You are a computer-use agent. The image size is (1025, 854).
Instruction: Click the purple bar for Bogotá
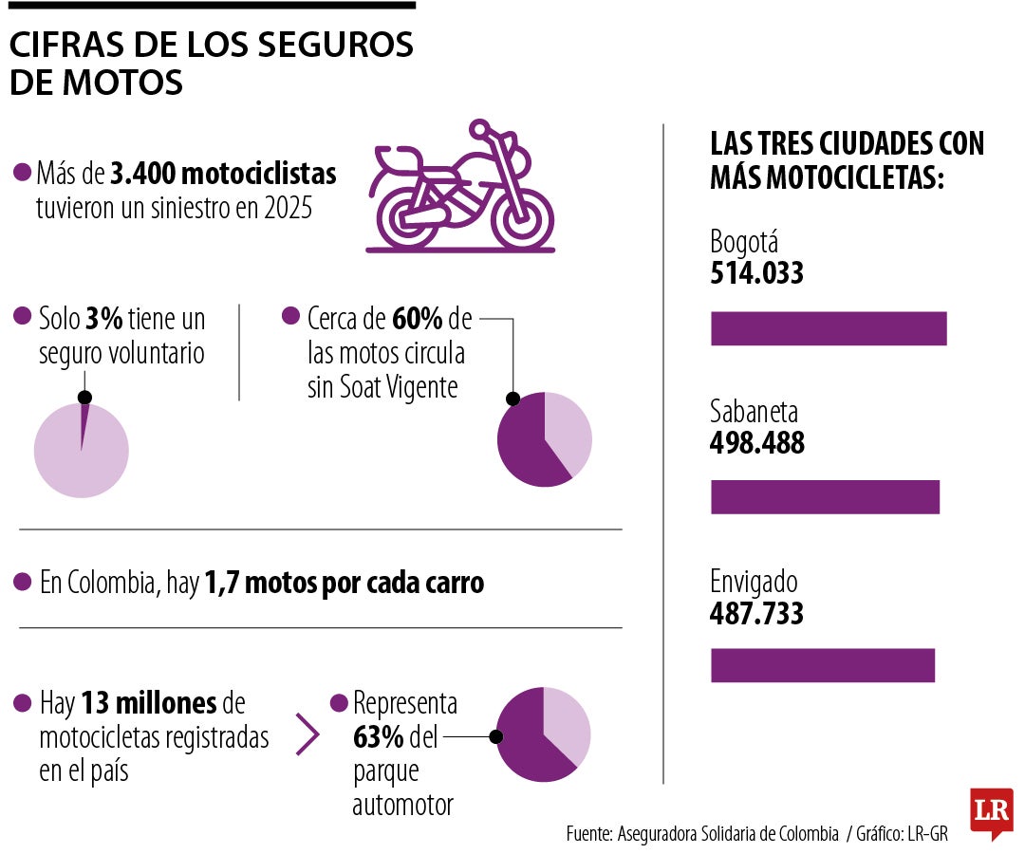[x=829, y=328]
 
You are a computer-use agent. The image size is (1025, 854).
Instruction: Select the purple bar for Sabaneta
[x=825, y=497]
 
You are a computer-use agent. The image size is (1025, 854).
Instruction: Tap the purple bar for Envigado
[x=823, y=665]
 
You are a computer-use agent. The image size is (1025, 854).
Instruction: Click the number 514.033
[x=756, y=274]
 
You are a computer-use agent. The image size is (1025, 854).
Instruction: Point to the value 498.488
[x=756, y=443]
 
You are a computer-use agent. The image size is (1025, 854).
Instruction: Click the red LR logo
[x=991, y=812]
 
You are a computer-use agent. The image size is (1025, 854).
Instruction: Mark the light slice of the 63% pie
[x=568, y=721]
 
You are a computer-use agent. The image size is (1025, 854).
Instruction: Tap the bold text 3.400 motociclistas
[x=223, y=175]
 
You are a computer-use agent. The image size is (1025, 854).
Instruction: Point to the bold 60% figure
[x=417, y=317]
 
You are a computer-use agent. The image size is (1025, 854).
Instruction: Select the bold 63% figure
[x=379, y=736]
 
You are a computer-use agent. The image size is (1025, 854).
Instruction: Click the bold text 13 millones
[x=149, y=703]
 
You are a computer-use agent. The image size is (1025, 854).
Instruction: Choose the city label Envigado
[x=754, y=582]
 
